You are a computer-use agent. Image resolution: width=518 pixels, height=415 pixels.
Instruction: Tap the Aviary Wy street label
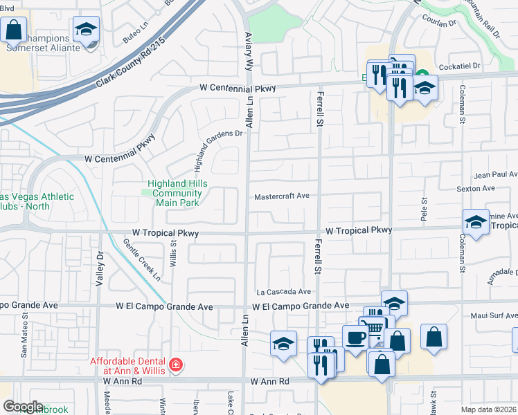pos(248,48)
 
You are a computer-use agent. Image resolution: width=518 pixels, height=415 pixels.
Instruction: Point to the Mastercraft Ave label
pos(281,196)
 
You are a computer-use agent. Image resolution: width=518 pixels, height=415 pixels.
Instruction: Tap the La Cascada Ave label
pos(284,292)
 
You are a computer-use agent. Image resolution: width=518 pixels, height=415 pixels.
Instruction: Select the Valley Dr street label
pos(100,270)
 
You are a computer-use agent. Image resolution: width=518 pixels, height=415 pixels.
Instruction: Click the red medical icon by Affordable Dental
pos(176,363)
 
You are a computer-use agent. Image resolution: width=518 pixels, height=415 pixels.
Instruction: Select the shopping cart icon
pos(375,329)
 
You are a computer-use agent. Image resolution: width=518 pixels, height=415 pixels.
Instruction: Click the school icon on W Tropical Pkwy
pos(476,221)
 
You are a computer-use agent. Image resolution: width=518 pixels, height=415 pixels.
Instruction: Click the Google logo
pos(23,407)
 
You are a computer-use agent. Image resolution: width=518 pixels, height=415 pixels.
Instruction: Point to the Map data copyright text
pos(489,409)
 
